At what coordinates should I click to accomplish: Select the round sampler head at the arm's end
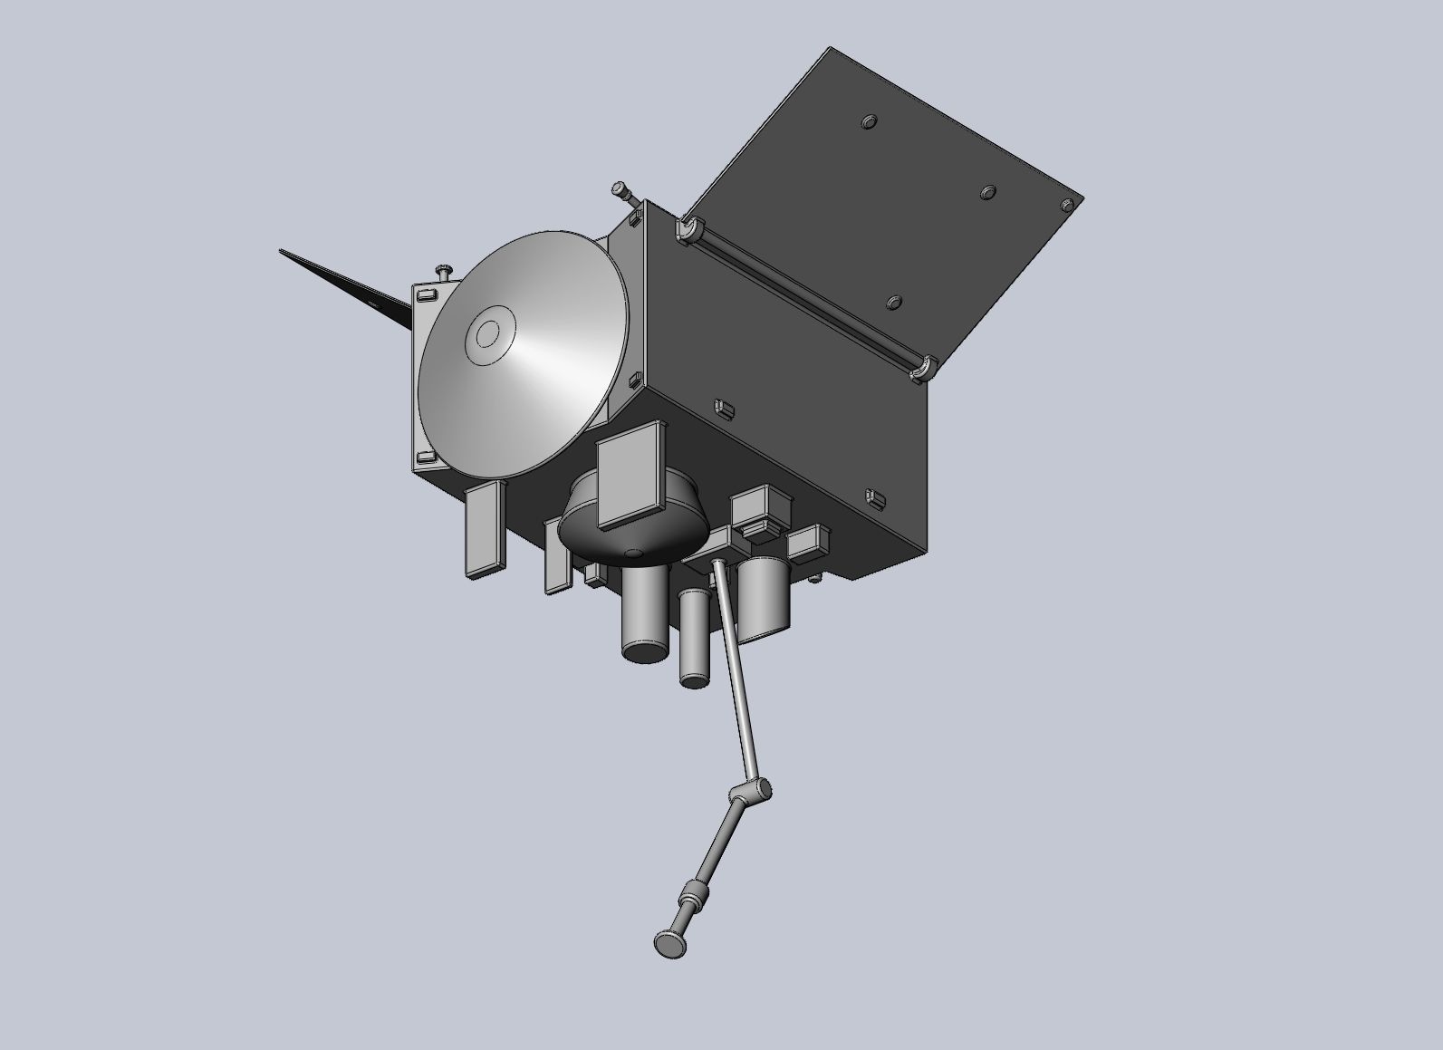pyautogui.click(x=669, y=944)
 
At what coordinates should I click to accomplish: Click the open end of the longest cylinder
pyautogui.click(x=644, y=650)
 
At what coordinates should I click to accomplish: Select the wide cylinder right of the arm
pyautogui.click(x=765, y=598)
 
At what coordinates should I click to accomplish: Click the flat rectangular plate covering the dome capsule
pyautogui.click(x=632, y=476)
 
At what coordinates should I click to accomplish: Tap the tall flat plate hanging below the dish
pyautogui.click(x=484, y=529)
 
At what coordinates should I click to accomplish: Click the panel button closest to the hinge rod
pyautogui.click(x=893, y=303)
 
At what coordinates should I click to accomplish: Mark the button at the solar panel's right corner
pyautogui.click(x=1069, y=206)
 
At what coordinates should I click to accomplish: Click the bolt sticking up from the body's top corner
pyautogui.click(x=621, y=190)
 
